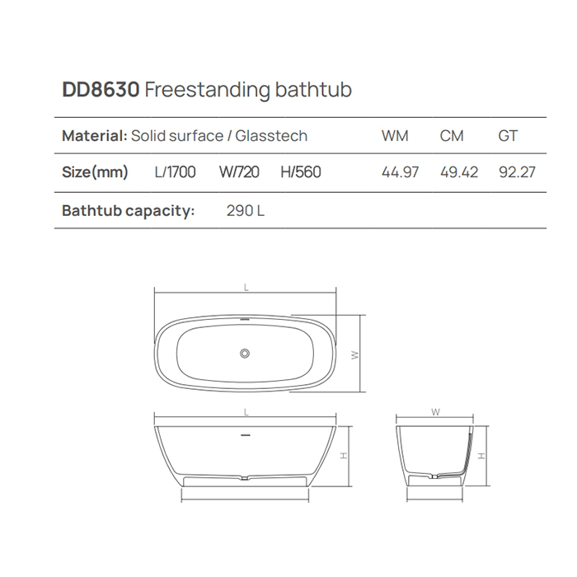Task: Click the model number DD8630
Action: point(100,90)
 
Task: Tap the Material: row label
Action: point(94,136)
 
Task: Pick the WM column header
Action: point(395,136)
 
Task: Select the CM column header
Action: point(452,136)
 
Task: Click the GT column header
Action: point(508,136)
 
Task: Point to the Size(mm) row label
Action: point(96,172)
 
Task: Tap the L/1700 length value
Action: point(175,172)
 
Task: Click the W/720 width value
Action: point(239,172)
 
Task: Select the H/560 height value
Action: point(301,172)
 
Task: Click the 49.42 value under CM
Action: point(458,173)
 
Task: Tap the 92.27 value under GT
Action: point(517,173)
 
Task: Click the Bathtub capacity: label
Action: point(128,210)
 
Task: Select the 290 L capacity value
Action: point(245,210)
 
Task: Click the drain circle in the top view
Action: point(244,354)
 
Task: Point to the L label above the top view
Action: point(246,288)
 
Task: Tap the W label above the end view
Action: point(435,410)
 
